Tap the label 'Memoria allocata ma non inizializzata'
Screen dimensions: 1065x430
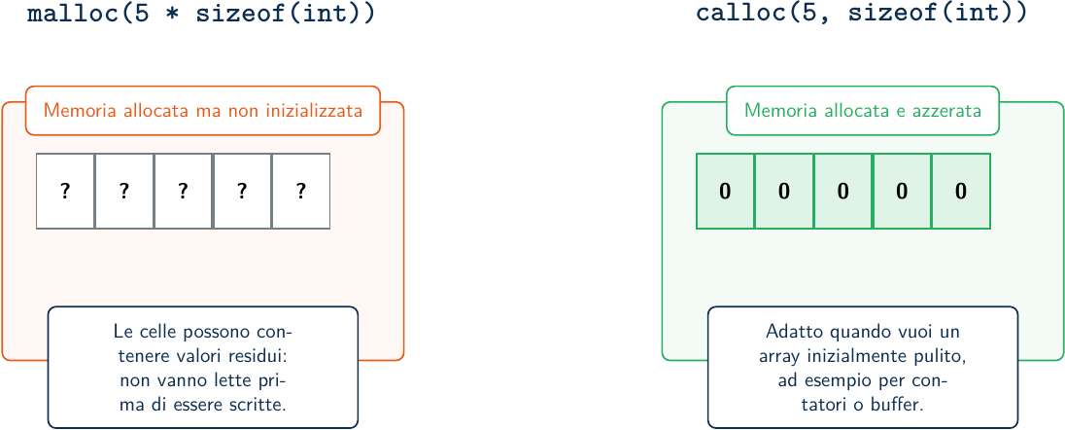coord(202,110)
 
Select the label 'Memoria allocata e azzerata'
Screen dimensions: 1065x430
coord(863,110)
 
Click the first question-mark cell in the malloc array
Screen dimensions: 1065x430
coord(65,192)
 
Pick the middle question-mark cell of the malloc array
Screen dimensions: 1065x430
coord(183,192)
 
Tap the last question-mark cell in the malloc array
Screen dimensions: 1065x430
coord(301,192)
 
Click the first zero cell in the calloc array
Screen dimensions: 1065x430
coord(726,192)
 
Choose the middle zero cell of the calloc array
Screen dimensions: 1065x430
coord(842,192)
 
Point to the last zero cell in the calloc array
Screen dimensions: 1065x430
coord(961,192)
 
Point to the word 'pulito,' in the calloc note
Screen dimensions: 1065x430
coord(940,356)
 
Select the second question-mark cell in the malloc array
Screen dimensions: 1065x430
coord(124,192)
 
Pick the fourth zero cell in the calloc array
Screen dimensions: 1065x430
coord(902,192)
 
